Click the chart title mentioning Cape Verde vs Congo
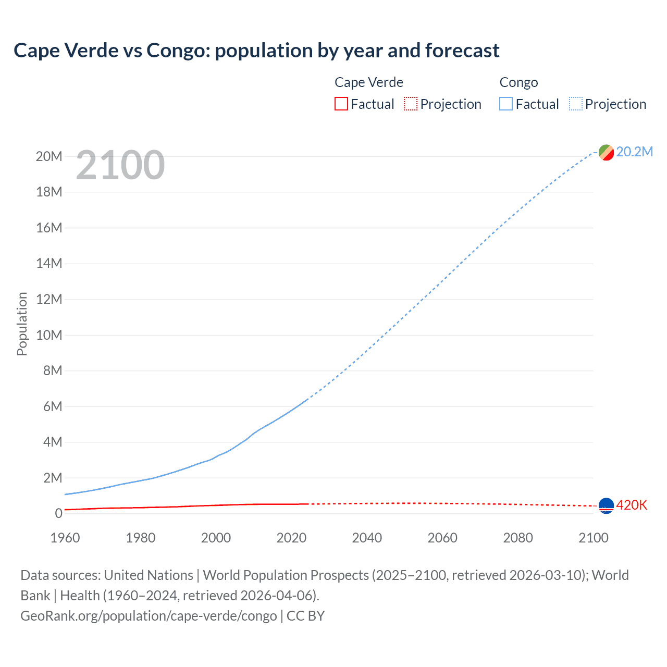[x=256, y=51]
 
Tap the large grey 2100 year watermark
[x=120, y=165]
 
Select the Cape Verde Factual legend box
[x=341, y=104]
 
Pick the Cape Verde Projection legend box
[x=411, y=104]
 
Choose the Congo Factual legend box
[x=505, y=104]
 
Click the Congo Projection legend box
[x=576, y=104]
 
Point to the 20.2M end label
[x=634, y=152]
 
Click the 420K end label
[x=632, y=505]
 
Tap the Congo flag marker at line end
[x=606, y=152]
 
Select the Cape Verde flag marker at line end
[x=606, y=505]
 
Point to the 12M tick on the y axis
[x=49, y=299]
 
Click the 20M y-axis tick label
[x=49, y=156]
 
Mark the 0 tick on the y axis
[x=58, y=513]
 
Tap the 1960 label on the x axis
[x=65, y=538]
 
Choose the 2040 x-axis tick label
[x=367, y=538]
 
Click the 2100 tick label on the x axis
[x=594, y=538]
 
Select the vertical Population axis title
[x=22, y=324]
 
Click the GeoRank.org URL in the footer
[x=149, y=616]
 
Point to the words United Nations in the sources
[x=149, y=575]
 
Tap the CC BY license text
[x=306, y=616]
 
